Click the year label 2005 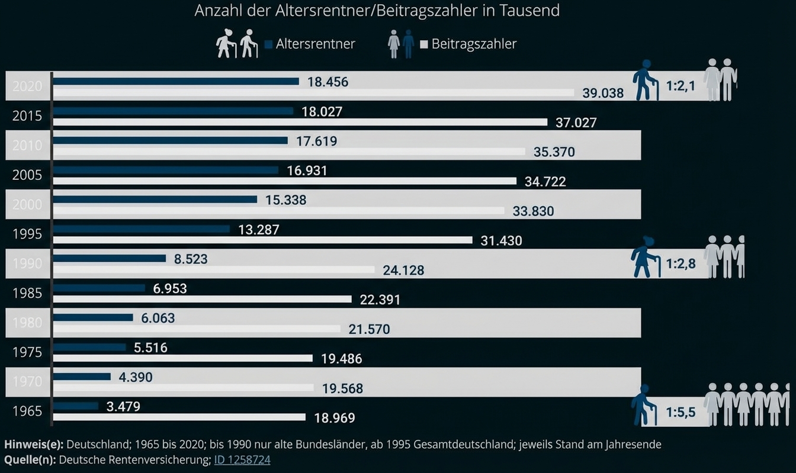click(x=27, y=175)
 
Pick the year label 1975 click(x=27, y=353)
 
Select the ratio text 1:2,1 click(x=681, y=86)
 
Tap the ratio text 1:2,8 click(x=681, y=264)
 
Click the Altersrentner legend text click(x=315, y=44)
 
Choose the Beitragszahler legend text click(x=474, y=44)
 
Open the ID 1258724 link click(x=242, y=459)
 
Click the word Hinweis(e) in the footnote click(x=34, y=444)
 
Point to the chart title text click(x=377, y=11)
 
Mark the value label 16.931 click(x=307, y=171)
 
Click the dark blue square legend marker click(x=269, y=44)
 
